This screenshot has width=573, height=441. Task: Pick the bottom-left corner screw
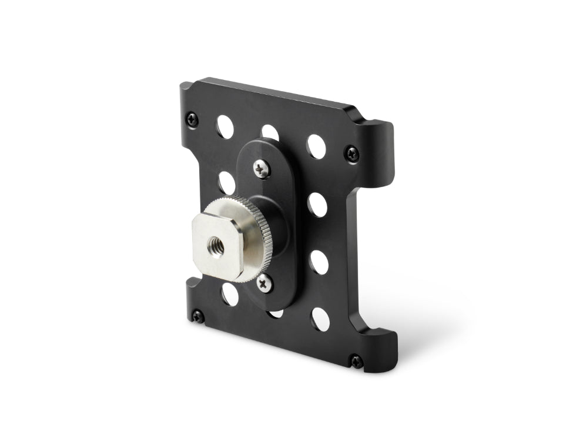pos(198,317)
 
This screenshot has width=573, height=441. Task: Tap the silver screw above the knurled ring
pos(260,168)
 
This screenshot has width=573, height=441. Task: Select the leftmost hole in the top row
pos(224,124)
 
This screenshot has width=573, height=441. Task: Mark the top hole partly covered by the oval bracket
pos(270,132)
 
